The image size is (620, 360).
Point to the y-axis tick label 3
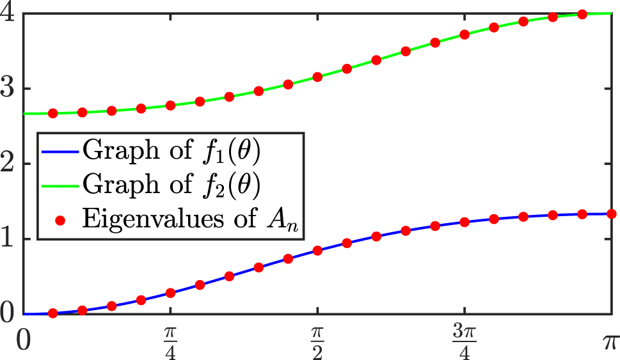point(9,89)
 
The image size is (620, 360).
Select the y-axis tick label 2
point(9,164)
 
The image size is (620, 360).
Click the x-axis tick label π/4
point(170,338)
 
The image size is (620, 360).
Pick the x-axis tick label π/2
point(317,338)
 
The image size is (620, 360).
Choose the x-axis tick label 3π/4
point(465,338)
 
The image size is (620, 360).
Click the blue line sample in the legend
point(60,154)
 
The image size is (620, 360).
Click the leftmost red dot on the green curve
point(53,113)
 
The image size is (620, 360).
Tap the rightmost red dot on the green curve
point(582,14)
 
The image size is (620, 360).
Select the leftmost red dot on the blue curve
point(53,313)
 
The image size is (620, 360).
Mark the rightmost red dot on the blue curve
point(611,214)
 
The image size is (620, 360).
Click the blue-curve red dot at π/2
point(317,251)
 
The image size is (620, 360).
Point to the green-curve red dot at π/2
point(317,77)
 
